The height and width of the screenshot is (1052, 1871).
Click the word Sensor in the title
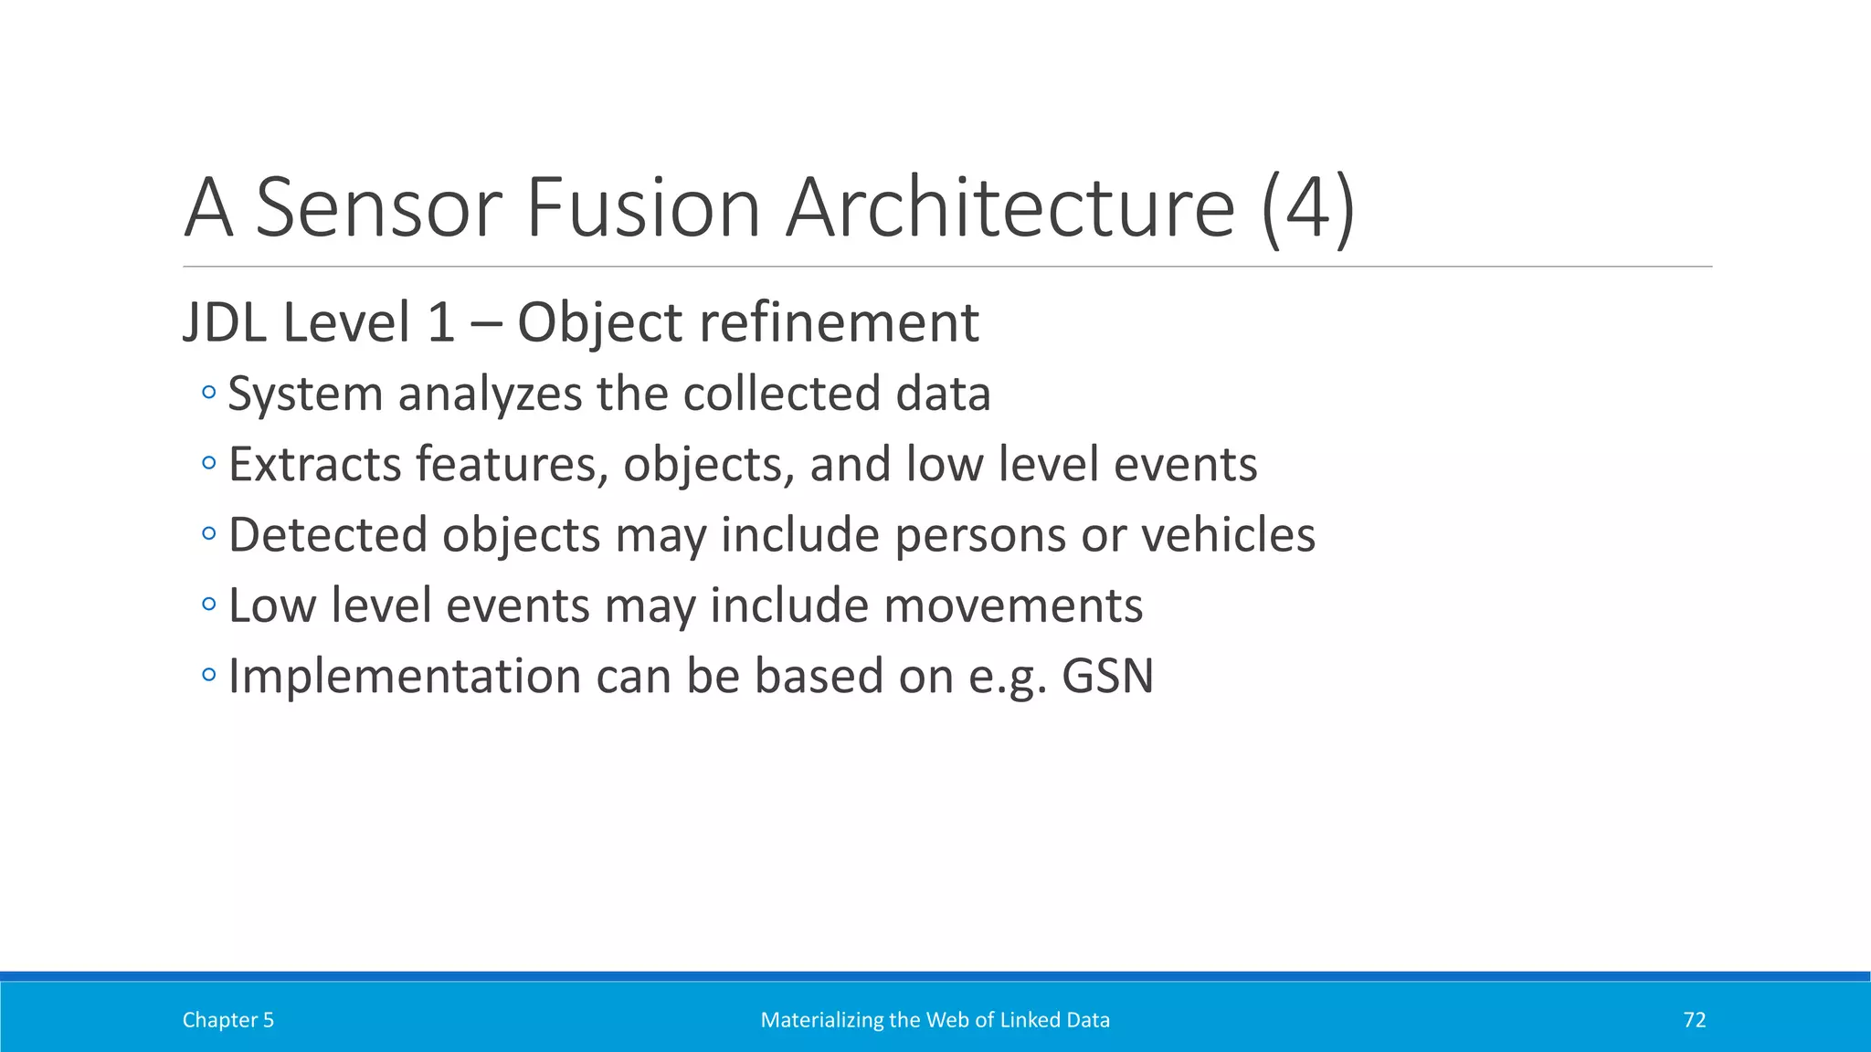pos(377,208)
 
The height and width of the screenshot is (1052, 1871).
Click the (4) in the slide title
pos(1308,208)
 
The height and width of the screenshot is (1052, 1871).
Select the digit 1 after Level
pos(440,323)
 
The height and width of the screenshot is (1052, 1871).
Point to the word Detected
pos(328,535)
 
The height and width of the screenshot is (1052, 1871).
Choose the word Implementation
pos(405,677)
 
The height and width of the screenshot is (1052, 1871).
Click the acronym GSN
pos(1107,677)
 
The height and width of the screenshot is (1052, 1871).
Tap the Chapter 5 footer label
pos(228,1020)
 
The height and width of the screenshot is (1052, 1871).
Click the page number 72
pos(1694,1020)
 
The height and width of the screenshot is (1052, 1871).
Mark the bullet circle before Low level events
pos(209,604)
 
